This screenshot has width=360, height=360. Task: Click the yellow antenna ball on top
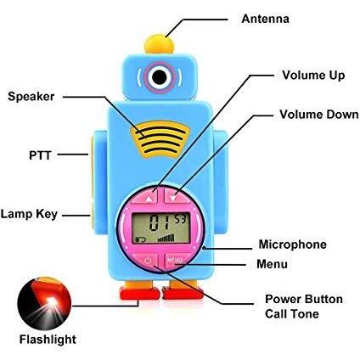point(160,44)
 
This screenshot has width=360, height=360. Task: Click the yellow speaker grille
point(160,139)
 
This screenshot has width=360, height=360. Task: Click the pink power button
point(147,260)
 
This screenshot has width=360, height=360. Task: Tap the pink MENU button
point(176,260)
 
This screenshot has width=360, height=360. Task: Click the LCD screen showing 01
point(160,228)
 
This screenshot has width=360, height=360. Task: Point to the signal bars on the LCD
point(166,238)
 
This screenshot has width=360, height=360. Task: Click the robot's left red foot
point(139,293)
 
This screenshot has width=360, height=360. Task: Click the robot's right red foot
point(183,293)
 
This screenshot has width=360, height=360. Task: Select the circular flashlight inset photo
point(44,303)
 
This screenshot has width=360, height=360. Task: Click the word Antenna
point(265,19)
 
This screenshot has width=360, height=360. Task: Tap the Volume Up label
point(313,76)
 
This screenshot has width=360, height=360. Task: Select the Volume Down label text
point(319,115)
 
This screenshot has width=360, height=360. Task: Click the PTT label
point(40,155)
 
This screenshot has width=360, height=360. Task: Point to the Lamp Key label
point(29,214)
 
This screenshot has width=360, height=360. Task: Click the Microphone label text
point(292,245)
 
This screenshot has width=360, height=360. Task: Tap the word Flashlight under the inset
point(48,340)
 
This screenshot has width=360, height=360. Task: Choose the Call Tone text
point(292,314)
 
